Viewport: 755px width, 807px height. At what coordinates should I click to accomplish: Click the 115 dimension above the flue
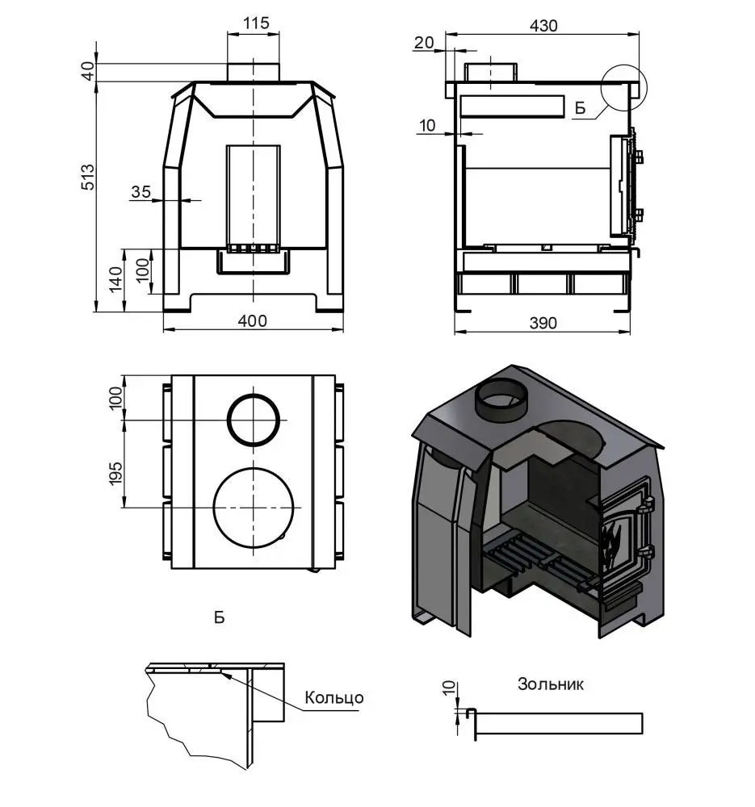click(x=255, y=23)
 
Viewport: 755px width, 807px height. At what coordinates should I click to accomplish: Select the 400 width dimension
click(x=253, y=321)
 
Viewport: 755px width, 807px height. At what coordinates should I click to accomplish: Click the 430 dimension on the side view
click(x=543, y=25)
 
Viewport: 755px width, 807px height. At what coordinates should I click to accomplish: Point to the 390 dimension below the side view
click(x=542, y=323)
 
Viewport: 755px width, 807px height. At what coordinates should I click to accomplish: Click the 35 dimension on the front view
click(x=141, y=191)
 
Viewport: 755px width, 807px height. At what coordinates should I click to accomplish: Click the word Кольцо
click(x=334, y=697)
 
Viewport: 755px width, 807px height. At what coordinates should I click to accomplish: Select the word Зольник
click(x=550, y=684)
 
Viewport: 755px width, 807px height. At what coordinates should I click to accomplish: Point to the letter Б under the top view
click(x=219, y=617)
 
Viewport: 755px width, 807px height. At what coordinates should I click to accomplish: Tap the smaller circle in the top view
click(x=257, y=420)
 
